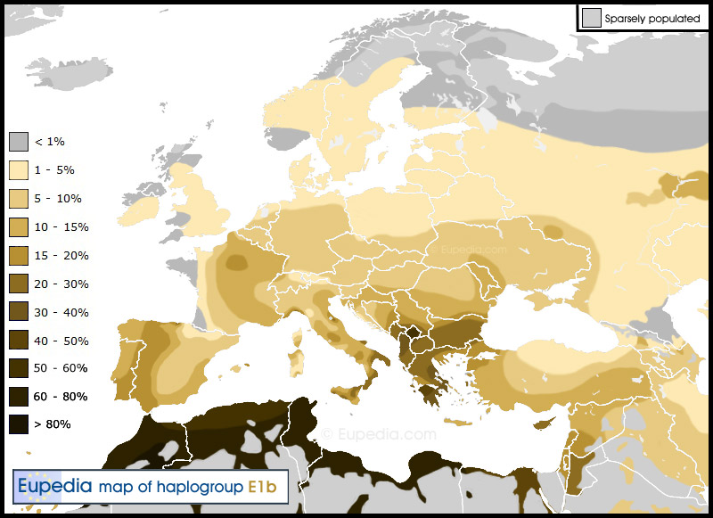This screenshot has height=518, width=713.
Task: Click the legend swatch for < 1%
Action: pyautogui.click(x=19, y=142)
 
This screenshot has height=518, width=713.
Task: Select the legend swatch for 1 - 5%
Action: pyautogui.click(x=19, y=170)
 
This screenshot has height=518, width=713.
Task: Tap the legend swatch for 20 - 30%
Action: pyautogui.click(x=19, y=284)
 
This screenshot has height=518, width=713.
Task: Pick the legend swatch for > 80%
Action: pyautogui.click(x=19, y=423)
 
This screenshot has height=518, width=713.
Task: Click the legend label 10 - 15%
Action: pyautogui.click(x=61, y=227)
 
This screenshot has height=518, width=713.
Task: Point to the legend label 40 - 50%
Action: pyautogui.click(x=61, y=341)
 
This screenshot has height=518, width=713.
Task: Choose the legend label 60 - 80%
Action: pyautogui.click(x=61, y=396)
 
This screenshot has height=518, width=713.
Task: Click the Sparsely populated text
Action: pyautogui.click(x=652, y=18)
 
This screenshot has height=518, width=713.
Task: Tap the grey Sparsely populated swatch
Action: pyautogui.click(x=591, y=18)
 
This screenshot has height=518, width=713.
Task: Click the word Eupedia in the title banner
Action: pyautogui.click(x=55, y=486)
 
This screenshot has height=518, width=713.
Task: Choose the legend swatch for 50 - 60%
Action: pyautogui.click(x=19, y=368)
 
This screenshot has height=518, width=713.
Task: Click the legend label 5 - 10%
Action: pyautogui.click(x=58, y=199)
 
